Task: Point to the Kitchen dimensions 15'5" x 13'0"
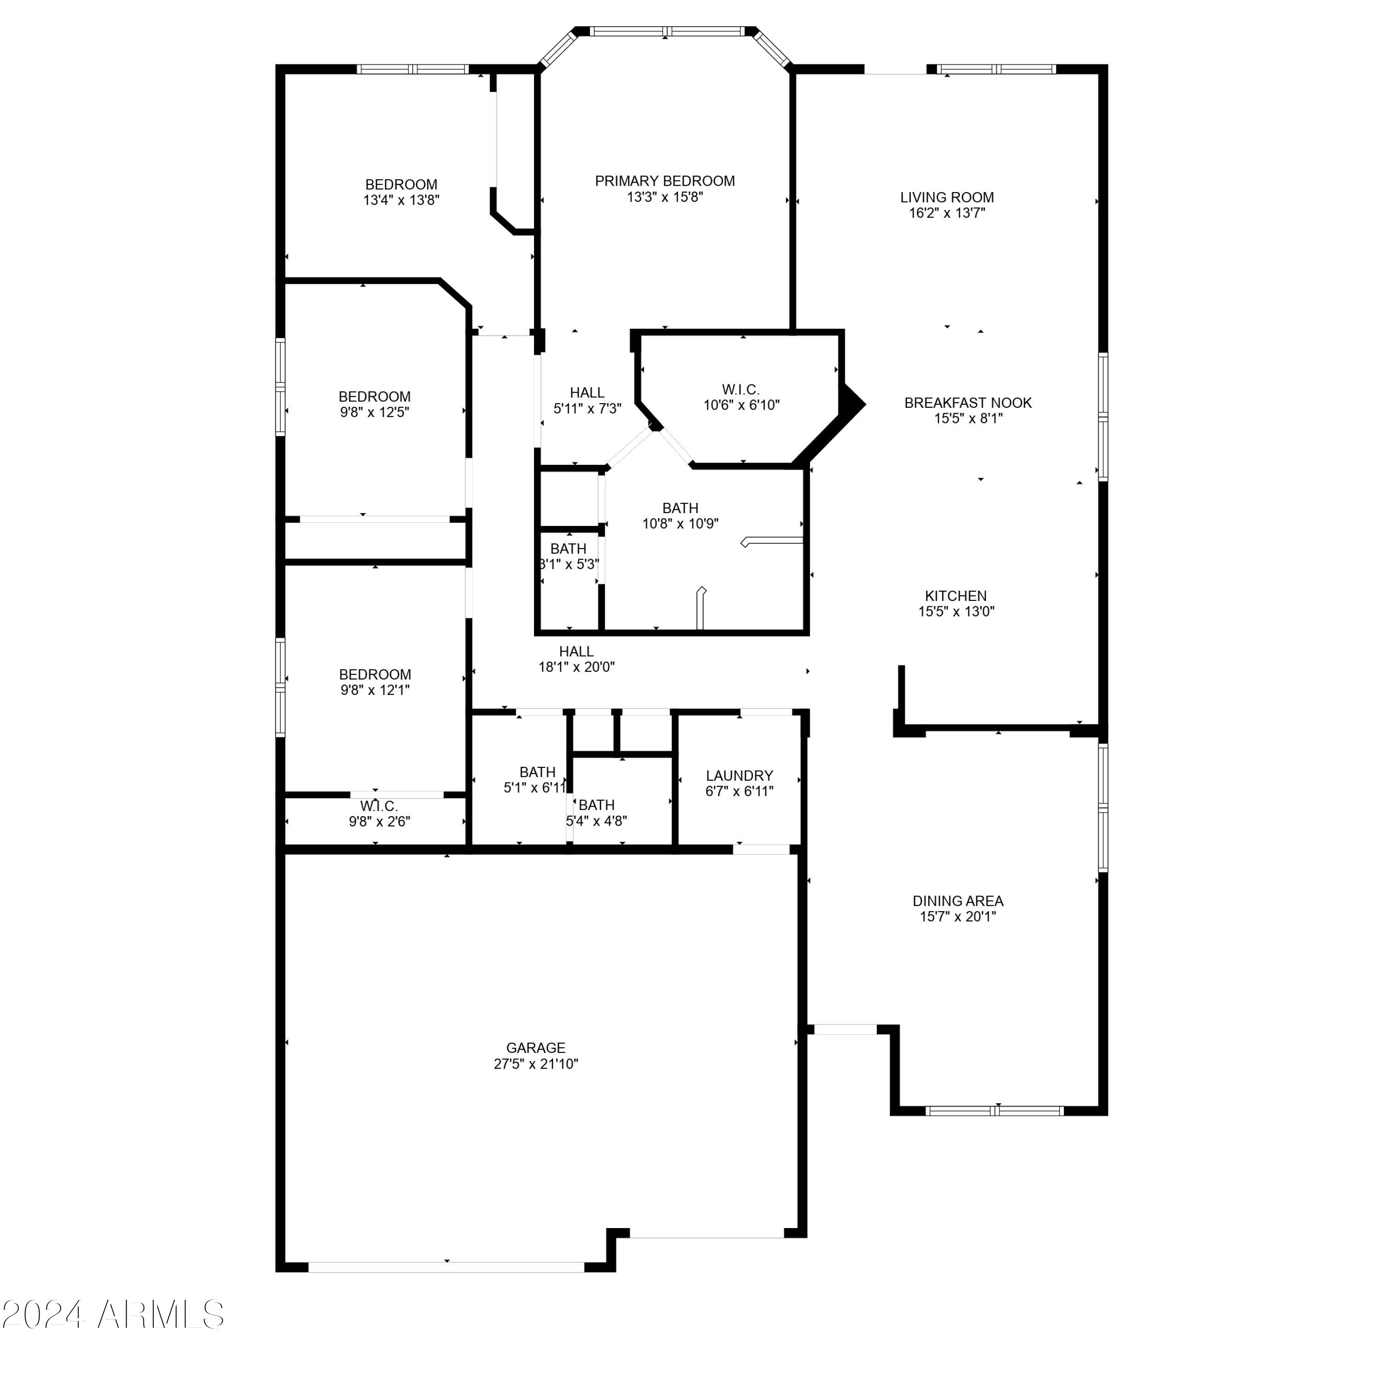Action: pyautogui.click(x=956, y=611)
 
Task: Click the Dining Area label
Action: pyautogui.click(x=957, y=901)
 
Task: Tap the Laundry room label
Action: pyautogui.click(x=739, y=775)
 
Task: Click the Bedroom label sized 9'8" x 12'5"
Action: pyautogui.click(x=374, y=397)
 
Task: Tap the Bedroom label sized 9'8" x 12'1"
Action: pyautogui.click(x=374, y=674)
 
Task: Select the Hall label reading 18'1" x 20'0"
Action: pyautogui.click(x=576, y=651)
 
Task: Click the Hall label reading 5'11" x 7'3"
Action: pyautogui.click(x=586, y=393)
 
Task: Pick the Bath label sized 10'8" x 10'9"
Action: pyautogui.click(x=679, y=508)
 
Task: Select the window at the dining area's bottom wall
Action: pyautogui.click(x=994, y=1111)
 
